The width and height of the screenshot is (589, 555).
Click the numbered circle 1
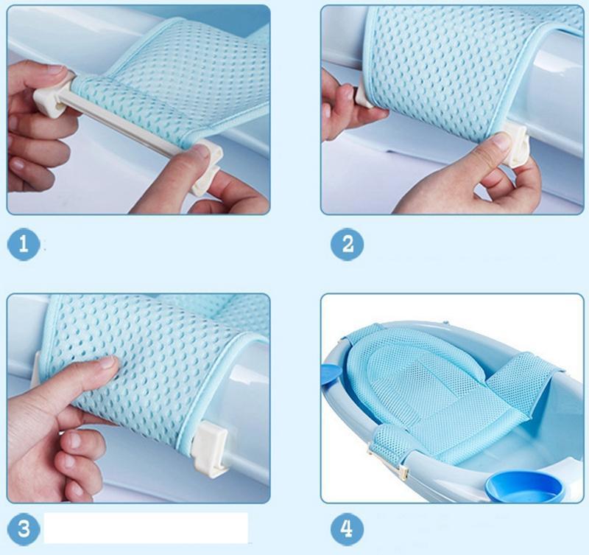tap(24, 244)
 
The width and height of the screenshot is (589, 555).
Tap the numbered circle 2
tap(347, 244)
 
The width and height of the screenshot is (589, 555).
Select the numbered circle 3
tap(24, 528)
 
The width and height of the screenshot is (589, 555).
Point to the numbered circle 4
tap(347, 528)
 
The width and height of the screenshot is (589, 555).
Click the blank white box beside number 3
tap(146, 528)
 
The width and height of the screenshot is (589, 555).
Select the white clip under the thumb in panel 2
tap(518, 144)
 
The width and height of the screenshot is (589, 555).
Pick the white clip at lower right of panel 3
tap(211, 448)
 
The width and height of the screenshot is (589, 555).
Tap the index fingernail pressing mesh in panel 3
tap(108, 362)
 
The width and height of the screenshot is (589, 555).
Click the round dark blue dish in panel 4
tap(525, 487)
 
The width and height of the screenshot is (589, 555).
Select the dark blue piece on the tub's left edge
tap(331, 373)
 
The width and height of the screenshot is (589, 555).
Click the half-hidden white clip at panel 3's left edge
tap(36, 369)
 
